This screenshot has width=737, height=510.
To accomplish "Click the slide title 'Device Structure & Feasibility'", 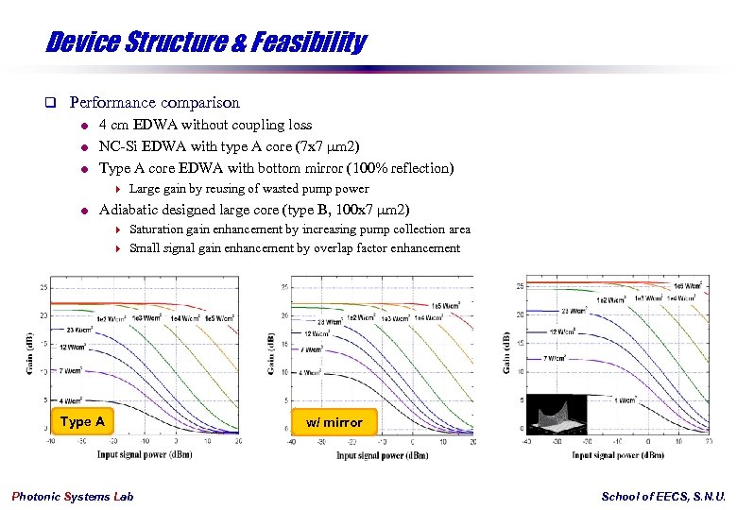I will (x=206, y=42).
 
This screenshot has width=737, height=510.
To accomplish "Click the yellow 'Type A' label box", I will (x=82, y=421).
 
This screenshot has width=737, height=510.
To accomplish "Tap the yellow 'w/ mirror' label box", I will (x=334, y=422).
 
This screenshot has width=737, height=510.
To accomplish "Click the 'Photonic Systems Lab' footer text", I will (x=72, y=497).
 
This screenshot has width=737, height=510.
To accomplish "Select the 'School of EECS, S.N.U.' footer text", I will (x=663, y=497).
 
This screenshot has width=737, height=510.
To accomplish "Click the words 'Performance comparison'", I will (x=155, y=102).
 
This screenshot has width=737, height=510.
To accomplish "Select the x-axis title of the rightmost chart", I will (x=617, y=454).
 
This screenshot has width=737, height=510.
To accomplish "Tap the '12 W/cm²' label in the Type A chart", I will (x=74, y=348).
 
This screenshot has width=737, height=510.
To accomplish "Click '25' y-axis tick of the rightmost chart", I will (x=519, y=286).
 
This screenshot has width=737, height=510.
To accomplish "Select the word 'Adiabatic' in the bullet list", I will (x=129, y=210).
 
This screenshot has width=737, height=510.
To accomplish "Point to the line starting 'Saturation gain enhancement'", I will (x=300, y=229).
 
